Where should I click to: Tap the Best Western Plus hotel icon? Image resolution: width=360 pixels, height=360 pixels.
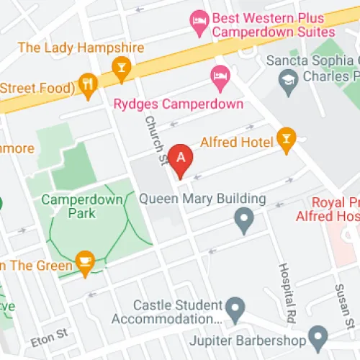pos(197,24)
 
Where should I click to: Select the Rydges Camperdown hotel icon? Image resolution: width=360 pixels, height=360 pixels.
pos(218,74)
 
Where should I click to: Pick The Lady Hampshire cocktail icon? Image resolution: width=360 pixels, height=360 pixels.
pos(121,69)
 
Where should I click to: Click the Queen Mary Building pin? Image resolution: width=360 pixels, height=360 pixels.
pos(245,219)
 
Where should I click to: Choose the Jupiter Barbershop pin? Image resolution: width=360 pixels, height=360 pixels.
pos(318,336)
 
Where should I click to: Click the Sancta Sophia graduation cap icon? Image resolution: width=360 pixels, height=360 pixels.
pos(289,78)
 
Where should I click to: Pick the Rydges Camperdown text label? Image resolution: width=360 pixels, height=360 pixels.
pos(179,104)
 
